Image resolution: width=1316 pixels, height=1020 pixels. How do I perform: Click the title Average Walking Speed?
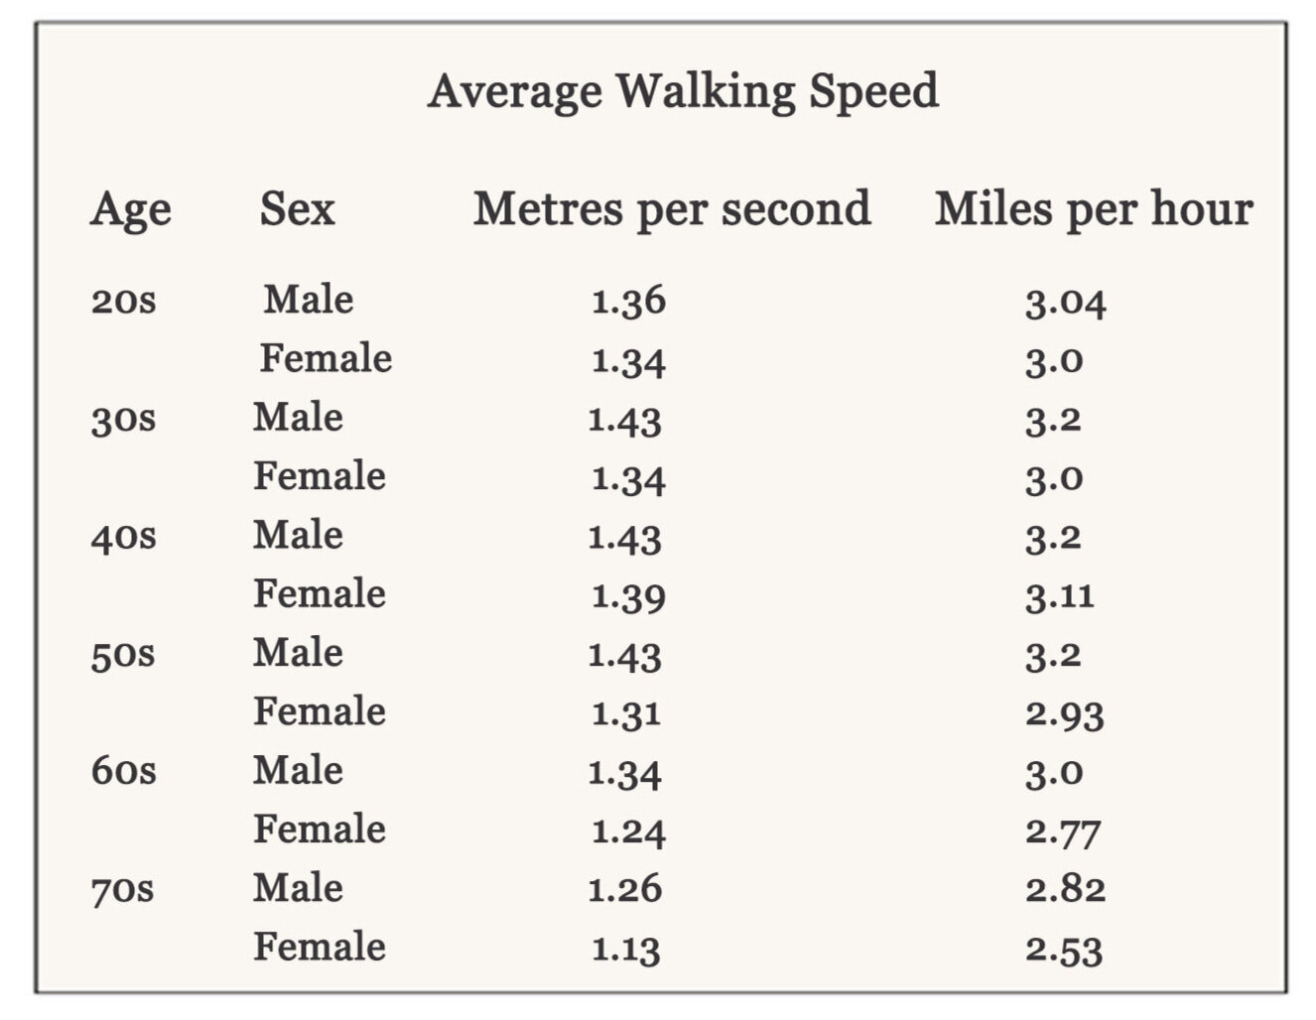tap(683, 91)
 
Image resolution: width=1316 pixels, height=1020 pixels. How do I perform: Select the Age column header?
tap(131, 210)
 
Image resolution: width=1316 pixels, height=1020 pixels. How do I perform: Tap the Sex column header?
tap(297, 208)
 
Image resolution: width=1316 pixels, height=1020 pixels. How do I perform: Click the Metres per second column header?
tap(672, 209)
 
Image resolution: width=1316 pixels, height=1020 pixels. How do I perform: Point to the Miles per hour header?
tap(1094, 209)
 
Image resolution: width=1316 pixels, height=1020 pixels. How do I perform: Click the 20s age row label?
tap(123, 301)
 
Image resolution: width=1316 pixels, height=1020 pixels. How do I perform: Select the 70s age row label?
tap(123, 890)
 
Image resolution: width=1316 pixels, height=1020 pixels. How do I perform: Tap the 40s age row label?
tap(123, 537)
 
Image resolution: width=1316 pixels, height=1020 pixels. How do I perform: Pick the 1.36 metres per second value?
tap(628, 301)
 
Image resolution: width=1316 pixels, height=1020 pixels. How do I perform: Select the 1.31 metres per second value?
tap(625, 713)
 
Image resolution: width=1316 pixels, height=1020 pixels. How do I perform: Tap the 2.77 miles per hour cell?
tap(1063, 831)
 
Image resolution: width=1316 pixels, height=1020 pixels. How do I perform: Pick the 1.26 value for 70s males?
tap(624, 890)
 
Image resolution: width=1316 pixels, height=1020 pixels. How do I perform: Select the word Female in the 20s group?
tap(326, 358)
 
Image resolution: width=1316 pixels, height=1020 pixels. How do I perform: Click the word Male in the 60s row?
tap(298, 771)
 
